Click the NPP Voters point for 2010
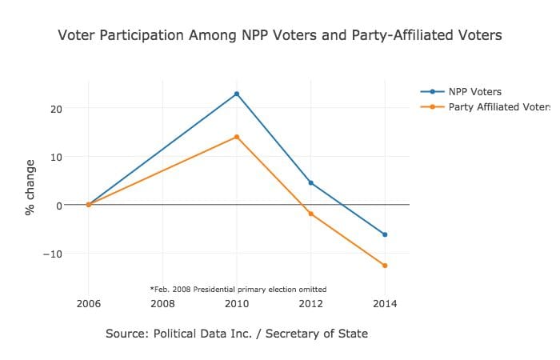point(237,94)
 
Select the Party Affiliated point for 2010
point(237,137)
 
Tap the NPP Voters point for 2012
point(311,183)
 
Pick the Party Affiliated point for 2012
point(311,214)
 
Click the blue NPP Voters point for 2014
point(385,234)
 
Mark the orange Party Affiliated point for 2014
point(385,266)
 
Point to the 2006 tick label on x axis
point(88,304)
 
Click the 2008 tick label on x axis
point(162,304)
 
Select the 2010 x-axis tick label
point(237,304)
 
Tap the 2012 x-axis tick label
point(311,304)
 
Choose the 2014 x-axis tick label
point(385,304)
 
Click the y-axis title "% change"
point(30,187)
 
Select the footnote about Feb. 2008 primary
point(238,289)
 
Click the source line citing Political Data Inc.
point(237,334)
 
